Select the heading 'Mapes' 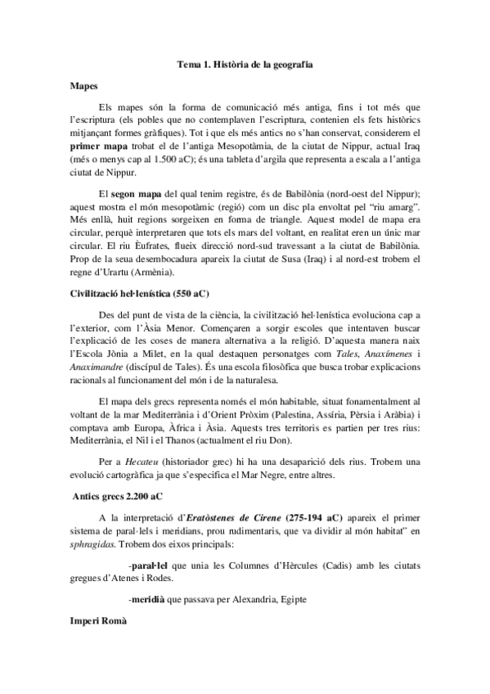coord(83,83)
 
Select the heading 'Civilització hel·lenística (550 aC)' coord(142,283)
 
